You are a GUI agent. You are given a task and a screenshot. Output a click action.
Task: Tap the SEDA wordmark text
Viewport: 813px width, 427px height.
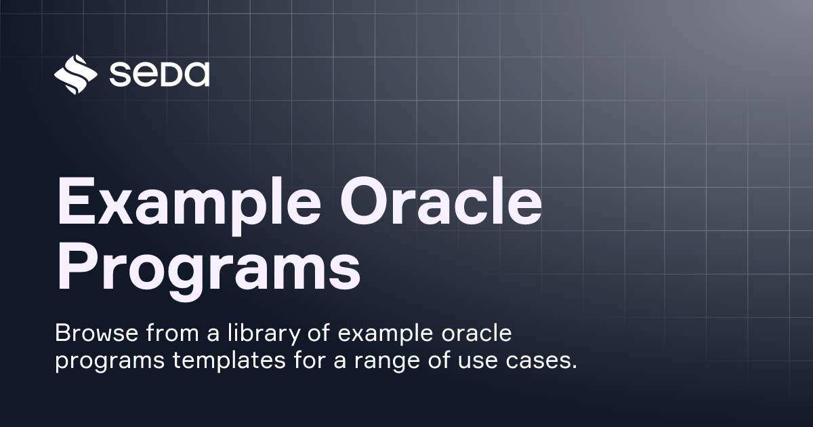tap(159, 75)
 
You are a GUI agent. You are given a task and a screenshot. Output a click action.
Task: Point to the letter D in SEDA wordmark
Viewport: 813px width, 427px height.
tap(170, 75)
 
